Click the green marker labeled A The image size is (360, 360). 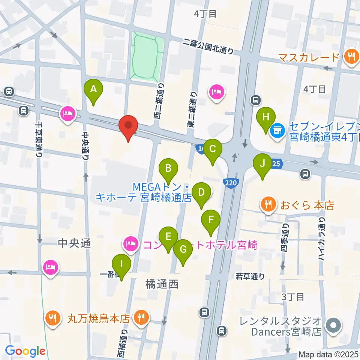click(x=94, y=90)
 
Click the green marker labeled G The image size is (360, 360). click(x=183, y=250)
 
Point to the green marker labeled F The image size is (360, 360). click(x=211, y=220)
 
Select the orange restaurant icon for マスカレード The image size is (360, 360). click(x=351, y=57)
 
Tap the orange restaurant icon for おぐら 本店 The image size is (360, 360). click(x=268, y=205)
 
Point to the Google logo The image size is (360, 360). click(x=25, y=351)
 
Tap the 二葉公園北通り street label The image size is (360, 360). click(x=208, y=46)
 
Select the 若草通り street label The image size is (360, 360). click(x=250, y=276)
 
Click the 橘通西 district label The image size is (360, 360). click(x=162, y=285)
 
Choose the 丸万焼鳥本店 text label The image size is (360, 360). click(x=99, y=319)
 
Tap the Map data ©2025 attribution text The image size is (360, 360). click(x=328, y=354)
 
